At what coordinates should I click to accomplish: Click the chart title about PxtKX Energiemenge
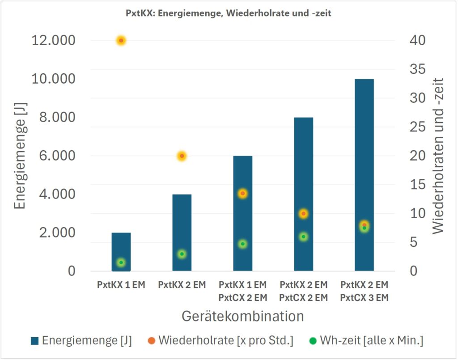(x=229, y=13)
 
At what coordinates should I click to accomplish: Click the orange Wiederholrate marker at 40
(x=121, y=41)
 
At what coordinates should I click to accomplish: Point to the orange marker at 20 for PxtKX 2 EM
(x=182, y=156)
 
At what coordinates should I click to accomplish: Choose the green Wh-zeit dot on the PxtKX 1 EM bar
(x=121, y=263)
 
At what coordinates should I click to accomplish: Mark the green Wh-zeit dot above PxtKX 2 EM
(x=182, y=254)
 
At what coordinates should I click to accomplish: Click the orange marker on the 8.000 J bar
(x=303, y=214)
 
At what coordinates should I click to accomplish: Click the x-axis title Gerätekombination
(x=242, y=316)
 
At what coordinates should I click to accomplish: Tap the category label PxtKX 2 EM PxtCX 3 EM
(x=364, y=291)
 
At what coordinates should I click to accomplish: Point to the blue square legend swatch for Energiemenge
(x=35, y=341)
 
